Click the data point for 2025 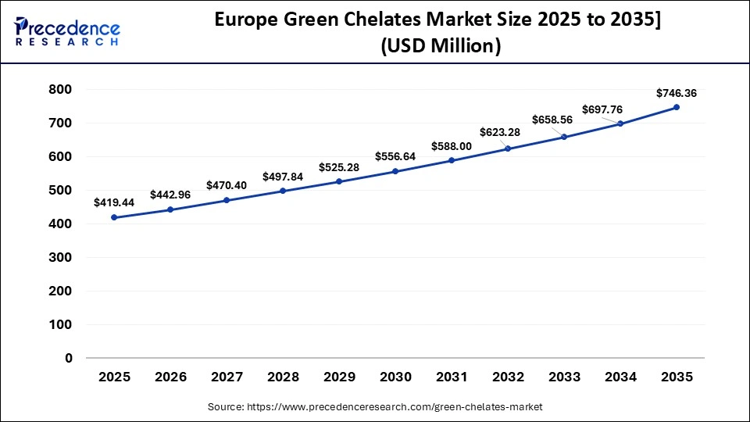coord(114,217)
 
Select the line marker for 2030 coord(395,171)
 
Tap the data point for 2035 coord(677,107)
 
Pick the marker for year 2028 coord(283,191)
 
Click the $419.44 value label coord(114,202)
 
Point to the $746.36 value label coord(677,93)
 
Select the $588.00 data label coord(452,146)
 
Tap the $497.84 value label coord(283,176)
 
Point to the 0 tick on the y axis coord(68,358)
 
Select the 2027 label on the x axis coord(227,377)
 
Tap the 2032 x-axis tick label coord(508,377)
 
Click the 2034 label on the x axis coord(620,377)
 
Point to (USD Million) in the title coord(441,47)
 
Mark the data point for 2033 coord(564,137)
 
